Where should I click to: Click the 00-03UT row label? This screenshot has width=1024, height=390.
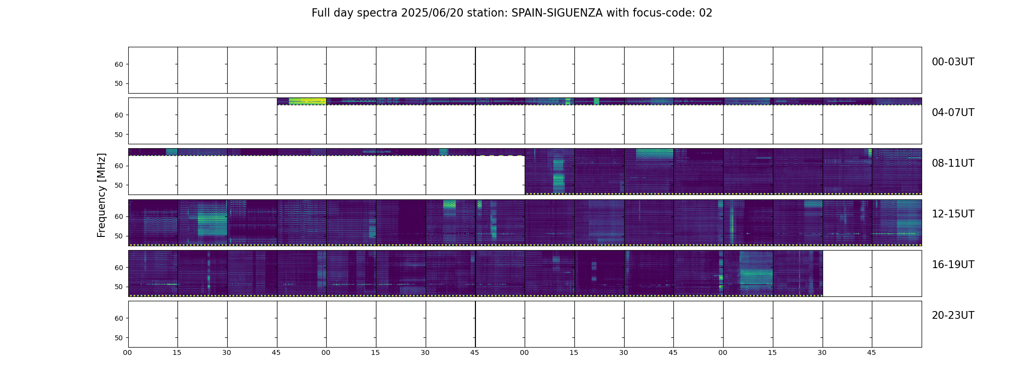pos(953,62)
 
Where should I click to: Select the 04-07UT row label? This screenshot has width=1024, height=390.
pos(953,113)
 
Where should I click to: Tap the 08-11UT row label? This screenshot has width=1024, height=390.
pos(953,163)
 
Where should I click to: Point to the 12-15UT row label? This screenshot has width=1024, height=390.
pos(953,214)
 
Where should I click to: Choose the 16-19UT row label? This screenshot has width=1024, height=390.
pos(953,265)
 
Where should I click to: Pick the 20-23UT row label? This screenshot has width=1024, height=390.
pos(953,315)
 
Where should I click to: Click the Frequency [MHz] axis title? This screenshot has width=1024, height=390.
pos(101,195)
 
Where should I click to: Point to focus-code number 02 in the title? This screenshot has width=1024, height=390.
pos(706,13)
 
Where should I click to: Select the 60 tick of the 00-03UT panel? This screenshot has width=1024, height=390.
pos(119,64)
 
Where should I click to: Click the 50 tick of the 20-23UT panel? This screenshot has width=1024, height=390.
pos(119,338)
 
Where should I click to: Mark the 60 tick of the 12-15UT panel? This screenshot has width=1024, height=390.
pos(119,216)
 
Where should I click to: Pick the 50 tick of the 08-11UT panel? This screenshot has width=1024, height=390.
pos(119,185)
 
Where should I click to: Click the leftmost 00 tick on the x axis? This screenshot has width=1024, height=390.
pos(128,352)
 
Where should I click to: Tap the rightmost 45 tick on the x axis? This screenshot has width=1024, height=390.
pos(871,352)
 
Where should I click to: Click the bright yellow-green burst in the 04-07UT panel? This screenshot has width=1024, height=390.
pos(307,101)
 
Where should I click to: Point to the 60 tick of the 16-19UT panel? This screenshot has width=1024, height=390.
pos(119,268)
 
